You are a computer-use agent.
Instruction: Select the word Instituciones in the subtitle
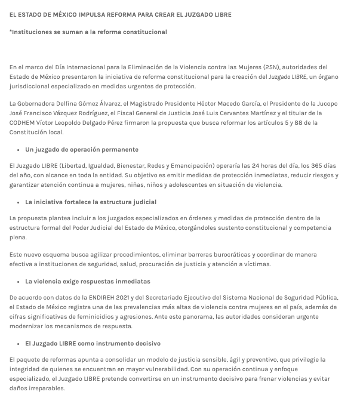(x=32, y=32)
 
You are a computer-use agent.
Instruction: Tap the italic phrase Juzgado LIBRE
(x=287, y=77)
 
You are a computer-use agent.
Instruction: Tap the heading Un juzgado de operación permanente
(x=82, y=149)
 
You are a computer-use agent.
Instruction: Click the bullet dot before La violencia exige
(x=18, y=281)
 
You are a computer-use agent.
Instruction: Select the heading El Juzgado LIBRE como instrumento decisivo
(x=93, y=344)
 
